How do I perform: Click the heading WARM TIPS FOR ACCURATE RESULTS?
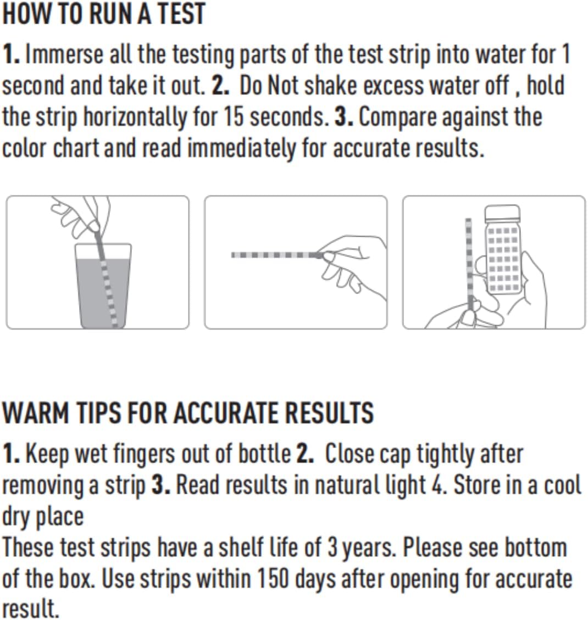(188, 413)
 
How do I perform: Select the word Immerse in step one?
(64, 54)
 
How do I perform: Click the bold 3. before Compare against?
(343, 116)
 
